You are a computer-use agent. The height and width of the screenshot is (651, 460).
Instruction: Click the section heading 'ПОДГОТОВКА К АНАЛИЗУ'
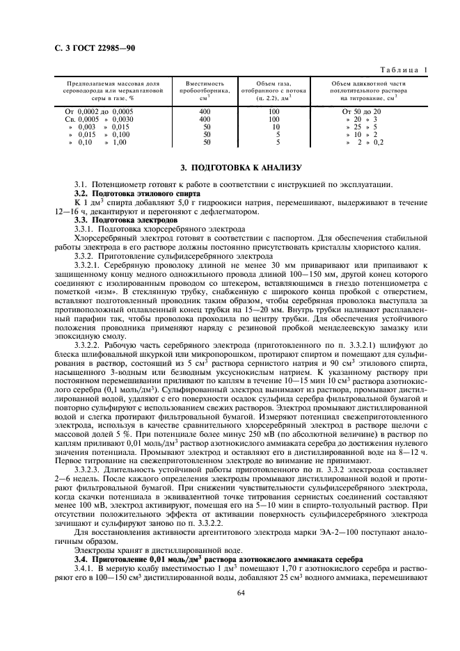click(x=241, y=168)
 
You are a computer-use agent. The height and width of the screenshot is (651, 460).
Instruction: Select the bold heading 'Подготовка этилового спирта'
click(x=130, y=193)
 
